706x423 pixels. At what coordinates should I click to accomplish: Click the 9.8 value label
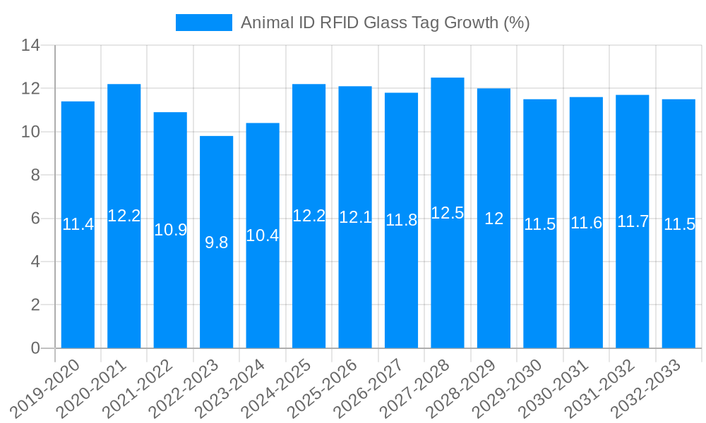216,243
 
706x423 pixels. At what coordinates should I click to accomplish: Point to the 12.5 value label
448,213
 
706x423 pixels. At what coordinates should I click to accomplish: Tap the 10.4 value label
263,235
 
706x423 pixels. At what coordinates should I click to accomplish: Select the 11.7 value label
633,221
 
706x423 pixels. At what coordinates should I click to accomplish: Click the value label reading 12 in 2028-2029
493,219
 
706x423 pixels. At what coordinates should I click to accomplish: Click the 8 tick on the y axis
35,176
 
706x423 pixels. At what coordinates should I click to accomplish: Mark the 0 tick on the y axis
35,348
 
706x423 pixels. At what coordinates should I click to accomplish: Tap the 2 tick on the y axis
35,305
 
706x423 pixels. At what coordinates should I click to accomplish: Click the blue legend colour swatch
203,23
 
